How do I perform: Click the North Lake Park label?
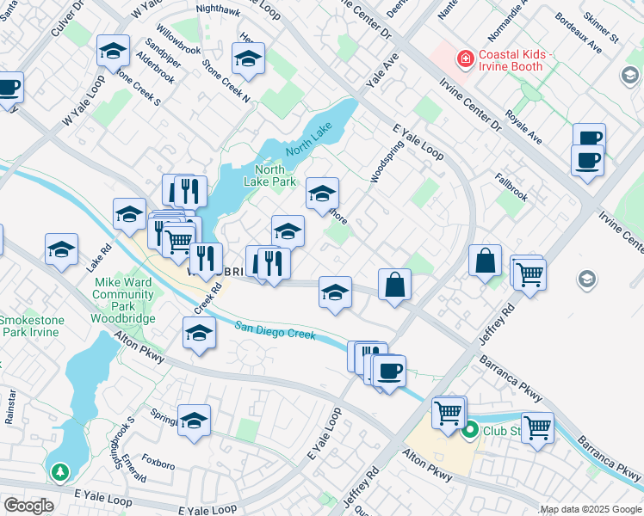276,175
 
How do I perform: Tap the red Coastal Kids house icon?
466,58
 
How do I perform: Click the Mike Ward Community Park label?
123,300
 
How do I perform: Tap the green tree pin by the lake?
59,472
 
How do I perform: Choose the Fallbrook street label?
511,187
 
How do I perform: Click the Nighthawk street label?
219,9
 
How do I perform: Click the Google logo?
28,506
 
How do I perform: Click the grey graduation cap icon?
586,279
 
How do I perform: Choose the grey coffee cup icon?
627,75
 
